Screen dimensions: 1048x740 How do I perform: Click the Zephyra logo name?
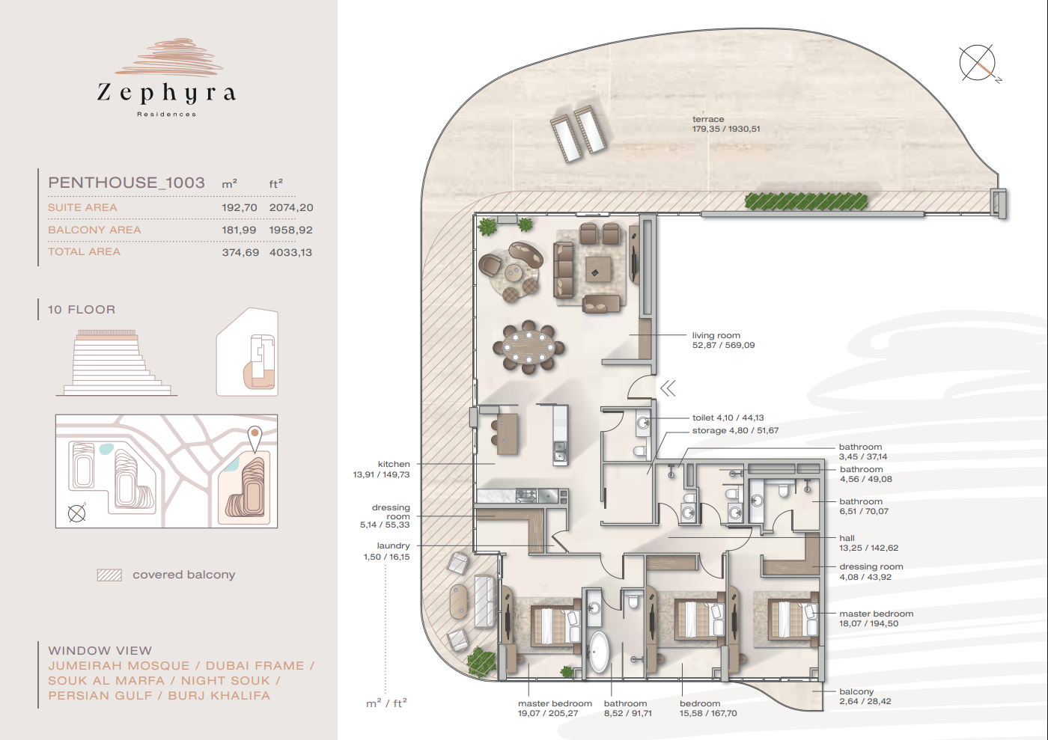(x=166, y=93)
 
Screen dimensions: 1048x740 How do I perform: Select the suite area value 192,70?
(x=239, y=208)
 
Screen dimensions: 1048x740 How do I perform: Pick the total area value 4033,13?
(x=290, y=253)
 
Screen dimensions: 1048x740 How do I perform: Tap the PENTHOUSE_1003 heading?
(x=127, y=183)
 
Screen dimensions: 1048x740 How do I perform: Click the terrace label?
(x=708, y=119)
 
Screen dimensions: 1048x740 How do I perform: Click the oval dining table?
(x=528, y=347)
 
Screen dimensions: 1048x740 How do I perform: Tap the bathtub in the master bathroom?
(x=598, y=651)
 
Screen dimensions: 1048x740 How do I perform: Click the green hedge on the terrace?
(x=806, y=201)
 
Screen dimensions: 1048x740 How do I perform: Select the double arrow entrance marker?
(x=668, y=388)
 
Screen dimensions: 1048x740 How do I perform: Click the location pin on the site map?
(x=255, y=438)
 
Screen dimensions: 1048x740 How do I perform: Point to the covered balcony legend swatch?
(x=109, y=575)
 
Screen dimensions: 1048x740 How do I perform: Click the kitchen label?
(x=394, y=464)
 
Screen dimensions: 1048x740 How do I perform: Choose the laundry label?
(x=393, y=545)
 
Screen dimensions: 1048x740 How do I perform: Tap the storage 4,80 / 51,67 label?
(x=735, y=430)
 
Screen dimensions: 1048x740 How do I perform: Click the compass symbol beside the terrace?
(x=978, y=63)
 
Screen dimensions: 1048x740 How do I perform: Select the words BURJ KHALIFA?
(x=219, y=696)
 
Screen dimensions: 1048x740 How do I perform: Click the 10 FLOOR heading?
(x=82, y=310)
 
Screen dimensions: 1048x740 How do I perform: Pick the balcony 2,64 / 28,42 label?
(x=865, y=696)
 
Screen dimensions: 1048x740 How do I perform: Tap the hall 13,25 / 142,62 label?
(x=869, y=542)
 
